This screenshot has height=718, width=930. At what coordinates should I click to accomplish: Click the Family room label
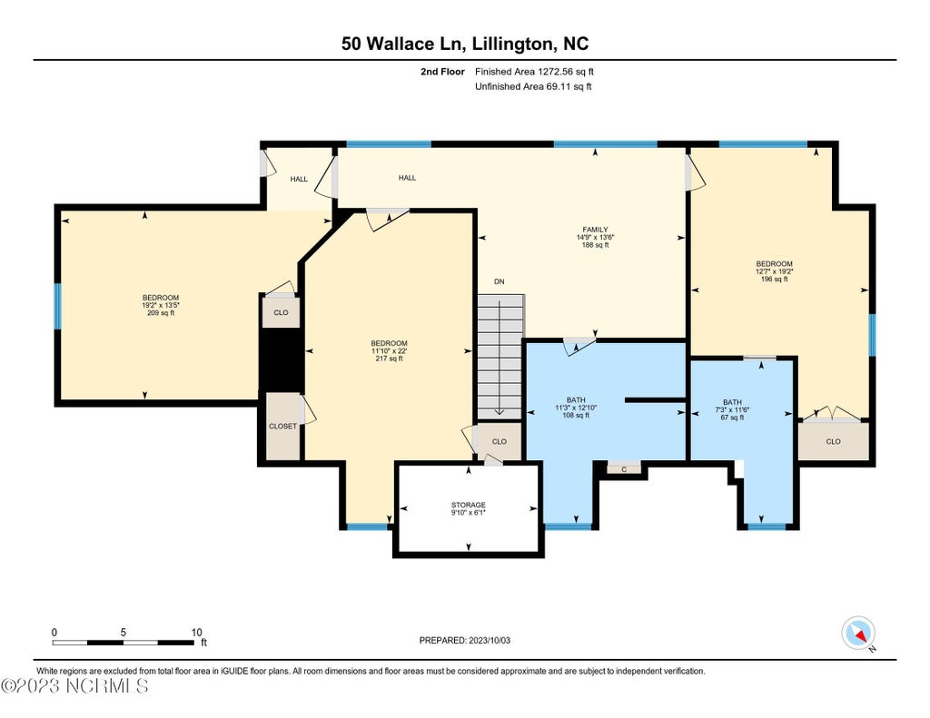[x=595, y=237]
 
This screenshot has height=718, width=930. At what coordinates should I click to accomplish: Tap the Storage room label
[x=468, y=508]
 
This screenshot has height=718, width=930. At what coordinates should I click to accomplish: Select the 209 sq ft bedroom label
[x=160, y=305]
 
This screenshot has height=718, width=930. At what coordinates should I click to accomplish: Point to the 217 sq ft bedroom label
[x=389, y=350]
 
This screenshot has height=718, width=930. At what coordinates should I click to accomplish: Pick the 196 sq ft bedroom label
[x=774, y=271]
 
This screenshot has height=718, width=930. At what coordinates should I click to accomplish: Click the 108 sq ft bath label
[x=575, y=408]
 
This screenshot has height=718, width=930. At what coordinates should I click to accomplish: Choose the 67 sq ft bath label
[x=733, y=409]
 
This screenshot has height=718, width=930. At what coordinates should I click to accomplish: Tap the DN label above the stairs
[x=500, y=281]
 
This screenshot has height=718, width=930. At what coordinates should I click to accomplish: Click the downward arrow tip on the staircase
[x=500, y=414]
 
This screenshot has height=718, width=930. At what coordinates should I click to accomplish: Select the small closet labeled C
[x=624, y=469]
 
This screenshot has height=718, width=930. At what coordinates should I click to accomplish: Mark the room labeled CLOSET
[x=283, y=427]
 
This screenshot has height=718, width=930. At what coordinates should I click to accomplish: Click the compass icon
[x=858, y=634]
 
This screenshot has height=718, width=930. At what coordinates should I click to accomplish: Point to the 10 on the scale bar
[x=196, y=633]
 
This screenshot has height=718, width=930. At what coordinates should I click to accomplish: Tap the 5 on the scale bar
[x=124, y=633]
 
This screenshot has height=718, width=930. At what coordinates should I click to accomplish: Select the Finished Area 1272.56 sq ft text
[x=534, y=72]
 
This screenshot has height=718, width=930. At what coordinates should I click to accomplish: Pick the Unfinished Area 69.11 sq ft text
[x=533, y=86]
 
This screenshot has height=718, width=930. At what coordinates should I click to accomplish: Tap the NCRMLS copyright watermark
[x=74, y=686]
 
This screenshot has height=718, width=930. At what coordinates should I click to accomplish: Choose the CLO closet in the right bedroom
[x=834, y=441]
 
